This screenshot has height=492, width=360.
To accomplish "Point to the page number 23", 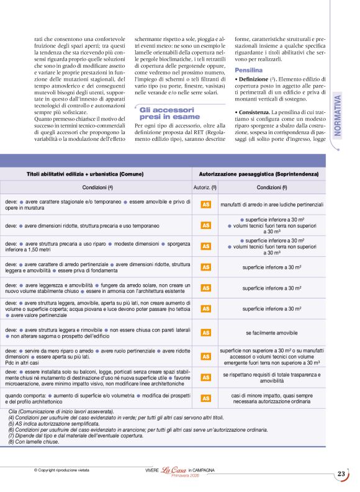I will [341, 474].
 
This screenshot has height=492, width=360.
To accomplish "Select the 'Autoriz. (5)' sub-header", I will [205, 187].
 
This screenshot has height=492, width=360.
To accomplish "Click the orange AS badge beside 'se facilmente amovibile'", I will [205, 333].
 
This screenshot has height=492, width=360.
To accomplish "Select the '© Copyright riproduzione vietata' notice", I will [66, 471].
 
